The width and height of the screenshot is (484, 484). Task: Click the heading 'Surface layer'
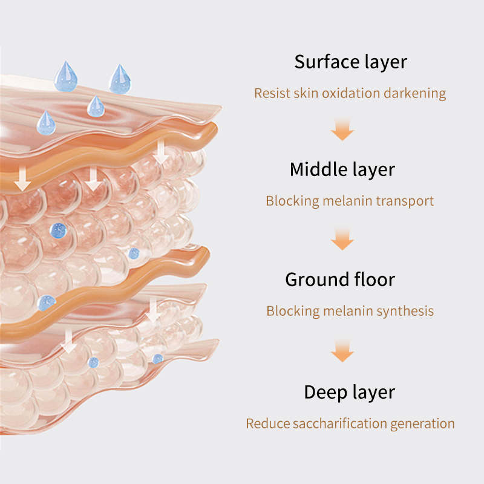[351, 62]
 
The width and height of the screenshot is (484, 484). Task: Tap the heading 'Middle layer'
[342, 170]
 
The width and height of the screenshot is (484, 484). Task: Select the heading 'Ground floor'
[340, 280]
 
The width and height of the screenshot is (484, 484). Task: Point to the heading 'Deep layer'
[350, 393]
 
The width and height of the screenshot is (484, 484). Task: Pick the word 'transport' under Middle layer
[405, 201]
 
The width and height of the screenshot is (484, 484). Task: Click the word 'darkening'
[415, 94]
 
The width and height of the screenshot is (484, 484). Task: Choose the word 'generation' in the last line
[422, 424]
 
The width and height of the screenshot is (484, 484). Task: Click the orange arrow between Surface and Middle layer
[342, 129]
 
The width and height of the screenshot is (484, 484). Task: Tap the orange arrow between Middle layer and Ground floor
[342, 239]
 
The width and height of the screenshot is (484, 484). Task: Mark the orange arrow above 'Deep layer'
[342, 351]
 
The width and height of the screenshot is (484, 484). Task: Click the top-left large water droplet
[65, 77]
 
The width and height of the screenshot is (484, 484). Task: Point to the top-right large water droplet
[120, 80]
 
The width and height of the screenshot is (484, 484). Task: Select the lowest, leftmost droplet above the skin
[47, 123]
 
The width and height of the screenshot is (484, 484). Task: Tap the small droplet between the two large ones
[96, 107]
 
